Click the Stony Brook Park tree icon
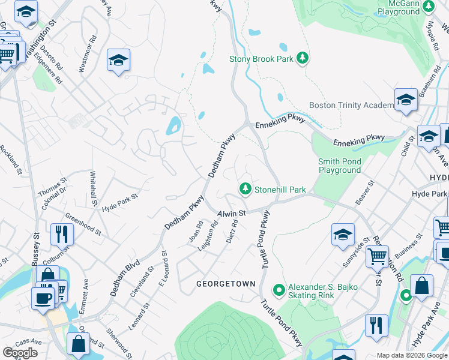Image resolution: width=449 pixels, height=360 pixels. coord(304,58)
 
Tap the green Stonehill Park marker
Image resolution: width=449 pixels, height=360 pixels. coord(245,189)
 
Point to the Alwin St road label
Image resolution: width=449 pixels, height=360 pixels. coord(232,213)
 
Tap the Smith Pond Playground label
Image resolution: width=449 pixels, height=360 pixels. coord(339,166)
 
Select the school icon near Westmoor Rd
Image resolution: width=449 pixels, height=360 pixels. coord(119,61)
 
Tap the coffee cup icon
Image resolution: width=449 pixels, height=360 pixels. coord(43,299)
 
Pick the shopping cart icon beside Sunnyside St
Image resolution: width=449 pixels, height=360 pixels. coord(377,256)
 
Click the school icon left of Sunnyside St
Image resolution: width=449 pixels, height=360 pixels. coord(343,234)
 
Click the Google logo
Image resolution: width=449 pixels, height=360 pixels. coord(20,353)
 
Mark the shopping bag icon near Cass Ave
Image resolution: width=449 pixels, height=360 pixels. coord(78,344)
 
